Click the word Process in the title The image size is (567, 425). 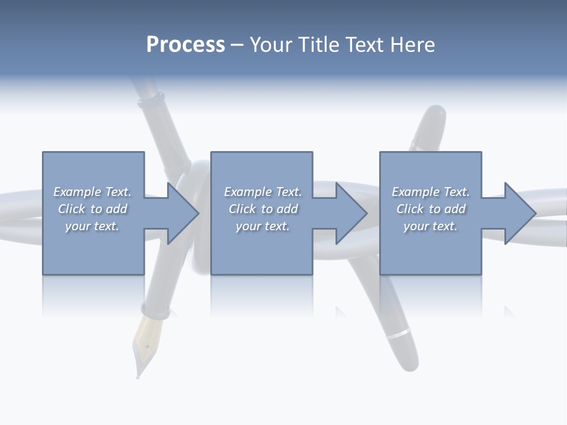click(185, 45)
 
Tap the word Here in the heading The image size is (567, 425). click(413, 45)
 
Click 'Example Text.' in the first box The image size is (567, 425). click(92, 192)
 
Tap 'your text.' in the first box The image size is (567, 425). click(92, 226)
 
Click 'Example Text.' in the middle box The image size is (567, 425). click(262, 192)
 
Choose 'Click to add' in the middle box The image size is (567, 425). click(262, 209)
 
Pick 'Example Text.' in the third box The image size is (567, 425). click(430, 192)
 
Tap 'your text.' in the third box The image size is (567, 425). click(430, 226)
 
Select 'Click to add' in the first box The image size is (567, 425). click(92, 209)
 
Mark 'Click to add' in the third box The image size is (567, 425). click(430, 209)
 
